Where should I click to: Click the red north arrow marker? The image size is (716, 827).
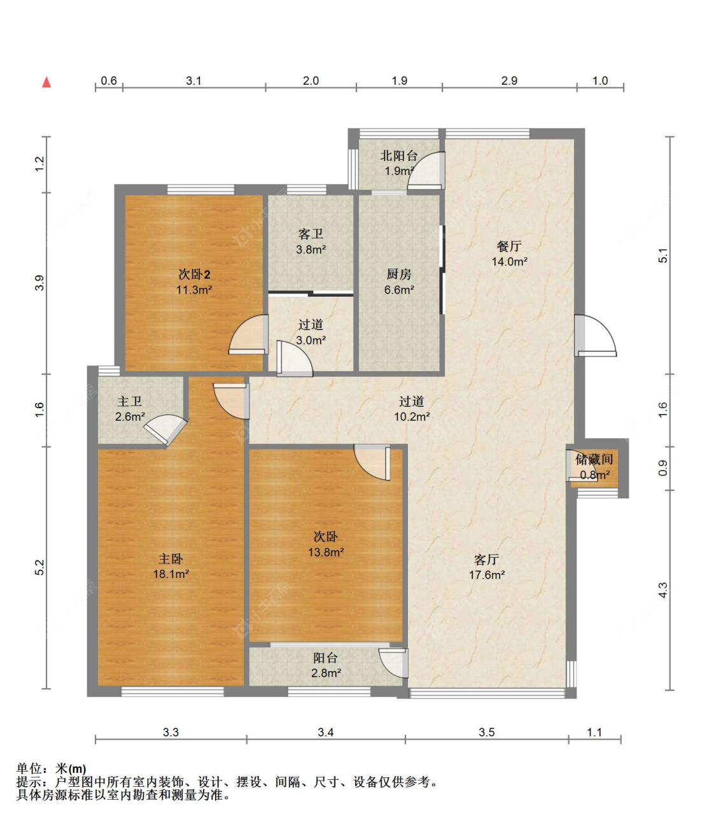click(x=47, y=82)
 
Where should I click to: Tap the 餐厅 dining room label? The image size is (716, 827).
click(x=509, y=246)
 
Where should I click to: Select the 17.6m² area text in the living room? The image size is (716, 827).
click(x=487, y=575)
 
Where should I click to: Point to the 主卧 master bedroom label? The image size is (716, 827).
click(x=171, y=558)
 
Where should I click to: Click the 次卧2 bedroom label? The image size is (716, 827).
click(x=194, y=274)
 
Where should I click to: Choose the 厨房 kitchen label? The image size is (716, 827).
click(x=399, y=274)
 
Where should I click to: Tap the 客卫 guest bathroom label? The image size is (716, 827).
click(x=311, y=234)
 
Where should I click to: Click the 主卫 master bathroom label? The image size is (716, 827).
click(x=130, y=401)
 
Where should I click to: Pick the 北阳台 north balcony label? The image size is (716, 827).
click(x=399, y=155)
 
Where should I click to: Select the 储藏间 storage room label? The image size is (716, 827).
click(x=594, y=459)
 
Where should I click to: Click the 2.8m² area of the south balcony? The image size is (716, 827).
click(x=326, y=673)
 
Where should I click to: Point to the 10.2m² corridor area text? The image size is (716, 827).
click(x=412, y=417)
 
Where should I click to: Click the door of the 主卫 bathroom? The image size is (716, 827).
click(x=165, y=430)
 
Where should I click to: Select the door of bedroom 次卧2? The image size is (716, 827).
click(x=248, y=335)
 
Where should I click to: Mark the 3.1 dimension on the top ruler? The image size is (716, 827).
click(x=193, y=81)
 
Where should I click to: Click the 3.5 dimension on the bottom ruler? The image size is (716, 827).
click(x=487, y=732)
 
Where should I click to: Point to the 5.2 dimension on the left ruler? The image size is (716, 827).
click(x=39, y=567)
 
